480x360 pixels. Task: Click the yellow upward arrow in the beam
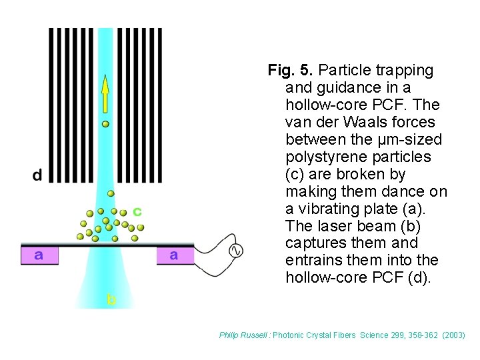click(105, 93)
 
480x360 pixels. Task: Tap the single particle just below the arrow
click(105, 123)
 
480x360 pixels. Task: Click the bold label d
click(37, 175)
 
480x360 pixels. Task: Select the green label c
click(137, 211)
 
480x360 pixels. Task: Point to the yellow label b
click(111, 299)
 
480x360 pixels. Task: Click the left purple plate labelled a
click(39, 255)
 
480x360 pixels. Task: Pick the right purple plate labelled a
click(174, 255)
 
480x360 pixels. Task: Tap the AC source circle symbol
click(235, 251)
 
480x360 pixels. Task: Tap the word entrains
click(311, 261)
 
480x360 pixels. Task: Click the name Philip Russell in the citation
click(244, 335)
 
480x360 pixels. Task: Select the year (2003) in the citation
click(454, 335)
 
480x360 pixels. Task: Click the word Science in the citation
click(376, 335)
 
